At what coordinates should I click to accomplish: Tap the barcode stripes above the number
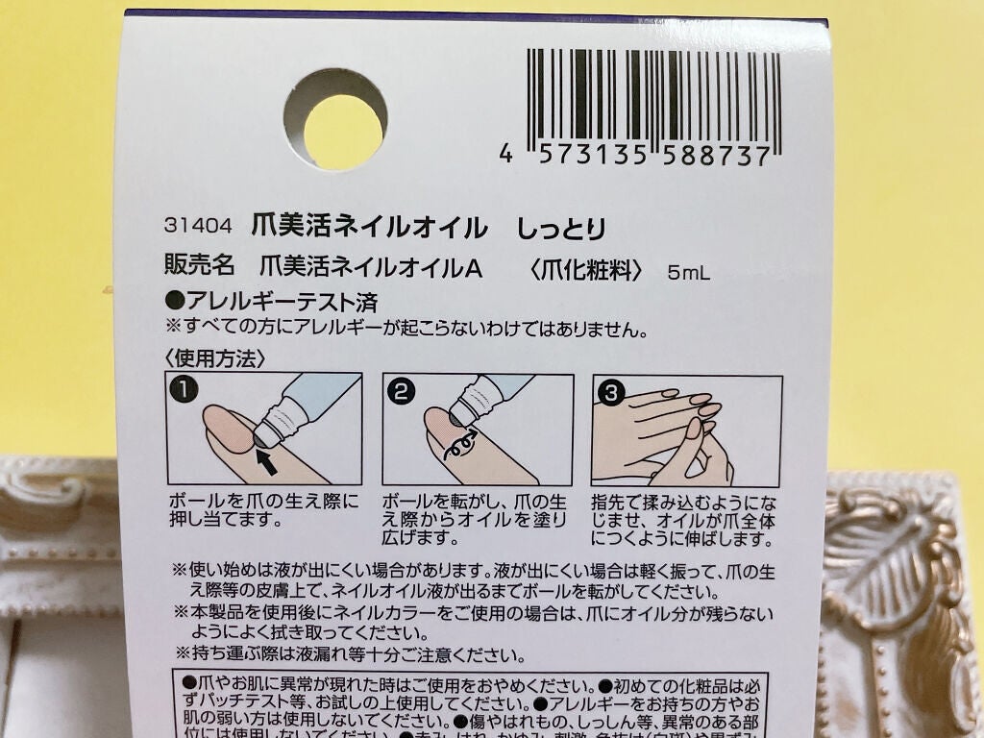652,96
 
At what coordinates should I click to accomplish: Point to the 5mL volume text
689,274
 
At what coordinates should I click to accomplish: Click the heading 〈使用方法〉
214,359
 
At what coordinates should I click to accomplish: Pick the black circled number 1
183,390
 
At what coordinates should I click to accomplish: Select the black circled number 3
609,391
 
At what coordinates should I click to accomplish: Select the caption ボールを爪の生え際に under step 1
263,502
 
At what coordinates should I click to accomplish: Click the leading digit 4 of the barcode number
506,157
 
